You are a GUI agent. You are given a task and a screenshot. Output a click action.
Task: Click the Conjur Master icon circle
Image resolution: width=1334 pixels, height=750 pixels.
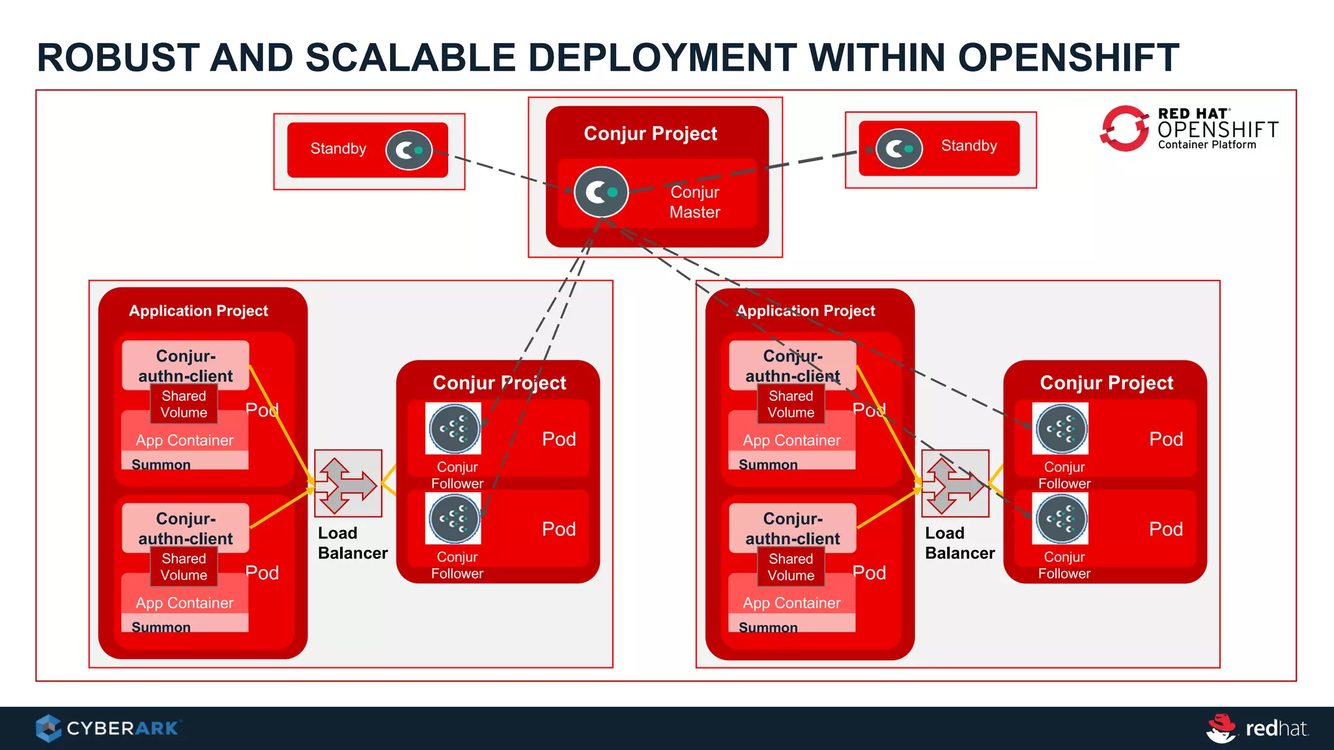(601, 192)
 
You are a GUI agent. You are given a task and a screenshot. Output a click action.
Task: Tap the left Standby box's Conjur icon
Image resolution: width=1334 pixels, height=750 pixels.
(408, 150)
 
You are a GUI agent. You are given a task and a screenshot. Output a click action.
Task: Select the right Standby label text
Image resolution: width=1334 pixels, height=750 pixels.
(969, 146)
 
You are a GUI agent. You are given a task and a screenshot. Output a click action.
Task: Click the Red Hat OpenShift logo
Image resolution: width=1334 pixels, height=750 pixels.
(1189, 129)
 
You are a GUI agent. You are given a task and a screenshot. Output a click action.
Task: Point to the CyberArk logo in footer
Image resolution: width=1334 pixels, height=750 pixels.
(108, 728)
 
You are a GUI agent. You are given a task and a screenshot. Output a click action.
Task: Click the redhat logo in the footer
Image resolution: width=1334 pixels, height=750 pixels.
(1257, 728)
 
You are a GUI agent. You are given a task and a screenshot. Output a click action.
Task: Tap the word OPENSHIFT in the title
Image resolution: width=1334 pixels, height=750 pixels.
(1068, 57)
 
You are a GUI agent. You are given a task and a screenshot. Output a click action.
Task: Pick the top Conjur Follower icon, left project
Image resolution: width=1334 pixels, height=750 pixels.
(453, 428)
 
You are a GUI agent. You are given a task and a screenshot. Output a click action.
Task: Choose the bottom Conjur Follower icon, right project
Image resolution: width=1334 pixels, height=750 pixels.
(1060, 519)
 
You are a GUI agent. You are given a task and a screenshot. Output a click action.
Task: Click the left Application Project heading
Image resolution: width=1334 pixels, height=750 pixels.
(198, 311)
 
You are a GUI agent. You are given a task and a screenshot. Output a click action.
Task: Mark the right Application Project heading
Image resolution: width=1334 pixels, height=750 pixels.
(806, 311)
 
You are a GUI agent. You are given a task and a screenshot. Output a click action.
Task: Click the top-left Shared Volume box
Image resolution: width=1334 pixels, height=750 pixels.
(184, 404)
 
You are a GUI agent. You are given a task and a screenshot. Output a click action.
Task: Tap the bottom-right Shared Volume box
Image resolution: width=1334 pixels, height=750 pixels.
(791, 567)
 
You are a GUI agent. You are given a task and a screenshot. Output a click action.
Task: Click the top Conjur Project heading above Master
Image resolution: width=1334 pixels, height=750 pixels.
(650, 133)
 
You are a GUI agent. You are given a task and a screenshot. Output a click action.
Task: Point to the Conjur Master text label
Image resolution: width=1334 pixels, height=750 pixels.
(694, 202)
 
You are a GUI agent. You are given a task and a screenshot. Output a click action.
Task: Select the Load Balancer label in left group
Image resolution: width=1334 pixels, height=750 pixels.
(352, 543)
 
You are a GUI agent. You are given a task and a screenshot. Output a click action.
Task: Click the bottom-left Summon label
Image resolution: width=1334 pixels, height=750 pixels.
(161, 627)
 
